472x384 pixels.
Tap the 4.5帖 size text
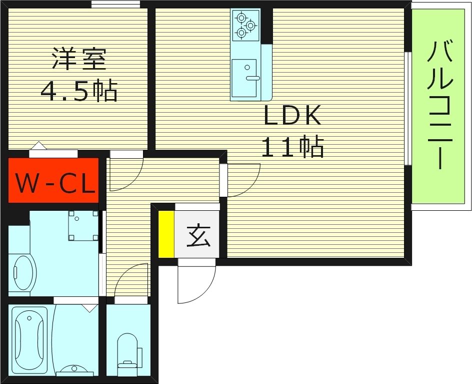[78, 91]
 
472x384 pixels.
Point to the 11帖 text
[292, 147]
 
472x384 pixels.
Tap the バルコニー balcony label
[440, 105]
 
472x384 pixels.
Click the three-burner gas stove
[246, 25]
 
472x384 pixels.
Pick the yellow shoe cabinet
[166, 234]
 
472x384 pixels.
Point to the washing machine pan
[82, 225]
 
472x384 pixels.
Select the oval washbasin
[23, 273]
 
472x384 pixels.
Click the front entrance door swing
[195, 283]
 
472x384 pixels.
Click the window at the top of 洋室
[115, 4]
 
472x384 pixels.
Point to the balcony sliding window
[408, 108]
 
